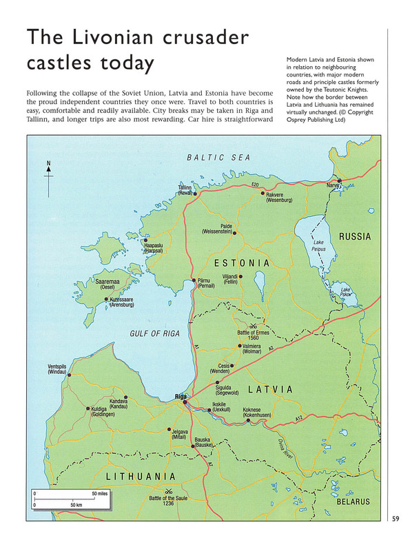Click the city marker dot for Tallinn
195,194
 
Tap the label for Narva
334,186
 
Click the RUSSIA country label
354,237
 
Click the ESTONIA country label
241,263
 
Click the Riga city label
181,397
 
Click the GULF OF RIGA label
154,334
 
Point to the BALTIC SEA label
219,158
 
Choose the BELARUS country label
354,501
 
